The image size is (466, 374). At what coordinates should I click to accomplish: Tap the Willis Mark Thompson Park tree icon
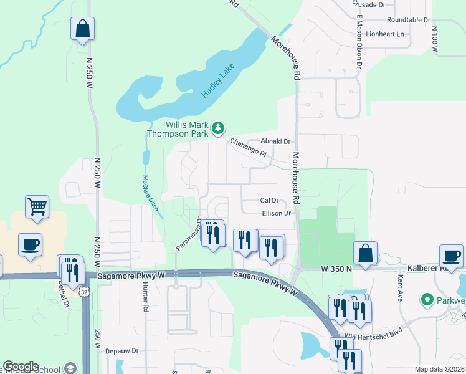[217, 128]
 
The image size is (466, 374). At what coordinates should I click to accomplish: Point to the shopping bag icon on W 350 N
[365, 253]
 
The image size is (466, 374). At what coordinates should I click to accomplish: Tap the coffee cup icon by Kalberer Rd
[451, 255]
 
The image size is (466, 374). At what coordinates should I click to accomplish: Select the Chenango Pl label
[249, 148]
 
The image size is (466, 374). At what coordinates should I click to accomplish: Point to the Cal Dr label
[269, 201]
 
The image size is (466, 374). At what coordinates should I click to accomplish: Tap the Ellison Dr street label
[277, 213]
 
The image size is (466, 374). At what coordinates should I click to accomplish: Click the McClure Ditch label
[150, 194]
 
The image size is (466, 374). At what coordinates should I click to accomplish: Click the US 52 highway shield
[84, 291]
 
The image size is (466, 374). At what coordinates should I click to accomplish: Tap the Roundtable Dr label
[408, 20]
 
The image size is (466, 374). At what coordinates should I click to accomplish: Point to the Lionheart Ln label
[385, 34]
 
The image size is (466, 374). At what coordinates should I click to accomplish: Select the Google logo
[21, 367]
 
